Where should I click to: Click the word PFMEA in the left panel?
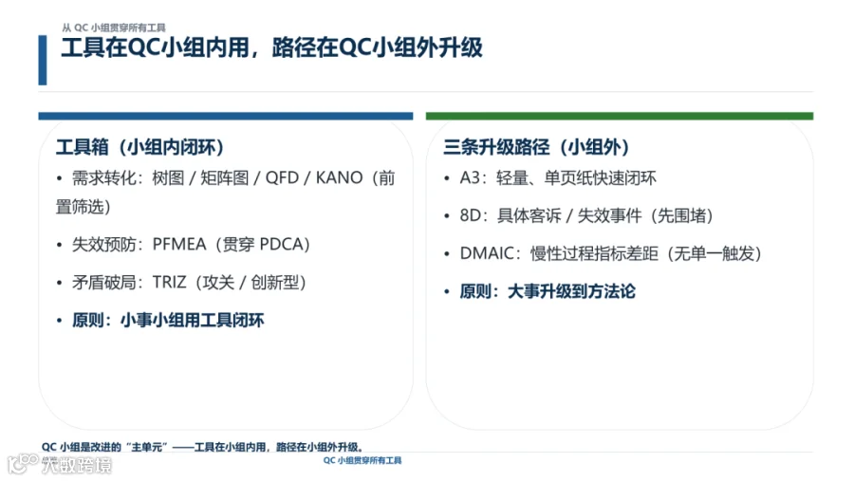pos(179,244)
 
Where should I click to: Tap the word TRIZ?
pos(170,282)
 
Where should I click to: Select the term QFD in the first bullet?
pos(282,177)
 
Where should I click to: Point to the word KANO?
pos(340,177)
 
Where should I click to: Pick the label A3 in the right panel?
pos(471,177)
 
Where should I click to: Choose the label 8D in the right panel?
pos(471,215)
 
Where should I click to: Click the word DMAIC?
pos(487,253)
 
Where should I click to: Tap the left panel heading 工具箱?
pos(83,147)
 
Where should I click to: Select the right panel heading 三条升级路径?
pos(496,147)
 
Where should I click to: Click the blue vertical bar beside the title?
pos(43,60)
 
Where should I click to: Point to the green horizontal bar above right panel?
pos(620,116)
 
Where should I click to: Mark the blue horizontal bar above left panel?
pos(226,116)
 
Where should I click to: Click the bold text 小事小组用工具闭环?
pos(193,320)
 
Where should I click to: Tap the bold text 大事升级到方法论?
pos(571,291)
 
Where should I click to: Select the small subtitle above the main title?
pos(113,28)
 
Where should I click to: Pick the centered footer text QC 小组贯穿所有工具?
pos(362,460)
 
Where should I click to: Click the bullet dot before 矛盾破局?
pos(60,283)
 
